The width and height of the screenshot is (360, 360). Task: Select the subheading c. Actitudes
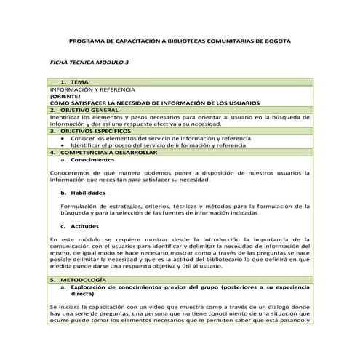click(x=80, y=227)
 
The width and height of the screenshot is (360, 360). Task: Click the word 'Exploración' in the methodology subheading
click(x=90, y=287)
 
